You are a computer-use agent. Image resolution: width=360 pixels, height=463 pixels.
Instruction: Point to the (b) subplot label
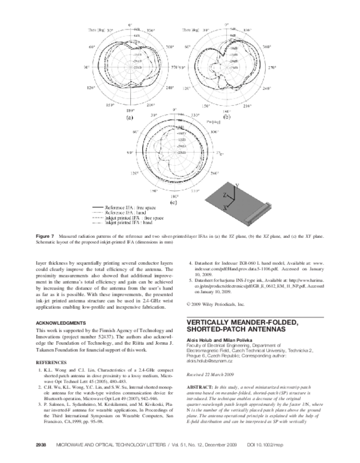click(227, 118)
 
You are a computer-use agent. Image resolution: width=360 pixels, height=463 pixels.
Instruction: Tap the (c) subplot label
click(173, 204)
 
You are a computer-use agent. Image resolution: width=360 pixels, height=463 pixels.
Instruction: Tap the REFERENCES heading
click(50, 363)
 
